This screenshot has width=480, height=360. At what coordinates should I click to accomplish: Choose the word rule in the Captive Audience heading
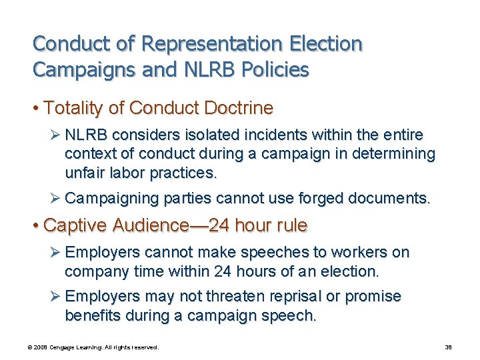(x=290, y=225)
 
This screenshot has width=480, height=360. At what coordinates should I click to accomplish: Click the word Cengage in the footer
(x=67, y=347)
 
